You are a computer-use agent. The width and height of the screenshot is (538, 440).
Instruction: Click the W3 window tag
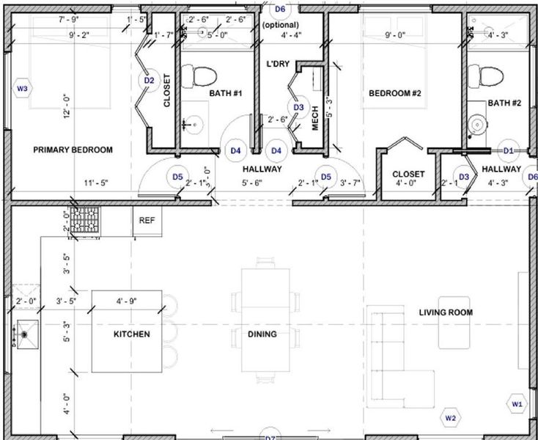pyautogui.click(x=22, y=89)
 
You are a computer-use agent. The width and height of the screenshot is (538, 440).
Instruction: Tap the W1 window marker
pyautogui.click(x=517, y=404)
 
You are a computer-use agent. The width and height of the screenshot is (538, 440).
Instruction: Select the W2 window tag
pyautogui.click(x=451, y=419)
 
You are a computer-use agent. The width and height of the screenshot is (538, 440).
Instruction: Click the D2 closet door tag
pyautogui.click(x=149, y=80)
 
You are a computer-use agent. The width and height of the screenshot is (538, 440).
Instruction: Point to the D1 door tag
pyautogui.click(x=509, y=150)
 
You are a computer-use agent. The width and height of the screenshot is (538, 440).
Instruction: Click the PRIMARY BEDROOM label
pyautogui.click(x=73, y=150)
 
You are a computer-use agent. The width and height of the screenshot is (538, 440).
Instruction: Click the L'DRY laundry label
pyautogui.click(x=279, y=64)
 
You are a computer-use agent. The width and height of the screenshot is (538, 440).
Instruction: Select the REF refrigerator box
pyautogui.click(x=147, y=219)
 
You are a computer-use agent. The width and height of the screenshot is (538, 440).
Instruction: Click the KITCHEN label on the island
pyautogui.click(x=131, y=334)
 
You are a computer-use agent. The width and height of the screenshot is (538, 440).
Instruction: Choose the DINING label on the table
pyautogui.click(x=262, y=334)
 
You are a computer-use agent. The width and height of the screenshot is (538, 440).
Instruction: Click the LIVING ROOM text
pyautogui.click(x=446, y=312)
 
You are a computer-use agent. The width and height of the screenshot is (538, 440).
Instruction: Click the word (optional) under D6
pyautogui.click(x=279, y=25)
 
